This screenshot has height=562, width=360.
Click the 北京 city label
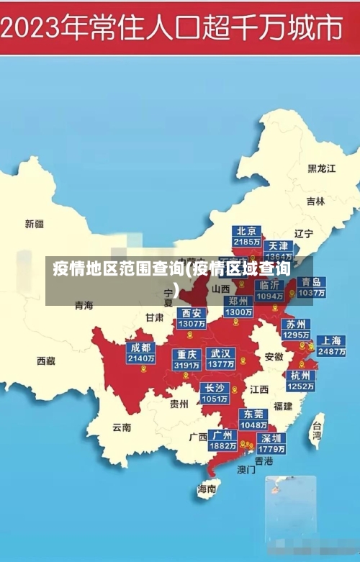247,231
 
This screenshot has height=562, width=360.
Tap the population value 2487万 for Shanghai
331,352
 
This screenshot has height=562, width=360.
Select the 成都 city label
140,348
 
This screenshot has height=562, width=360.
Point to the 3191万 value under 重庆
186,366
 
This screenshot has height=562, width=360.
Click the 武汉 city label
220,354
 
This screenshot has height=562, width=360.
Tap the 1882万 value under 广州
222,446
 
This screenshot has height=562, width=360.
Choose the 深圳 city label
271,438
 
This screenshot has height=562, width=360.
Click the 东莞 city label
253,414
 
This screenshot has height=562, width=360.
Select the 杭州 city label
300,376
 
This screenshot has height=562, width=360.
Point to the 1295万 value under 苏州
295,335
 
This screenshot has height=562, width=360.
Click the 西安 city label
192,313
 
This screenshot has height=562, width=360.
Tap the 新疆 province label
35,224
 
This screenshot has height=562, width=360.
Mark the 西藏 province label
46,361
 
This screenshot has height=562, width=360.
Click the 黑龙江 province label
322,168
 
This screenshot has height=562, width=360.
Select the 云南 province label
122,427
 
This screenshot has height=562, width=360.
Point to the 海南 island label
207,489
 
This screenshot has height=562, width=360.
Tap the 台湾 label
316,430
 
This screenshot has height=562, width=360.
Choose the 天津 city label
279,245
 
